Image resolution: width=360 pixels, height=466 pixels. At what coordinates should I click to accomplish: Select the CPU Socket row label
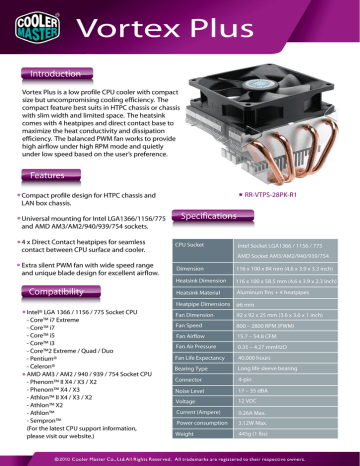click(x=191, y=245)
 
